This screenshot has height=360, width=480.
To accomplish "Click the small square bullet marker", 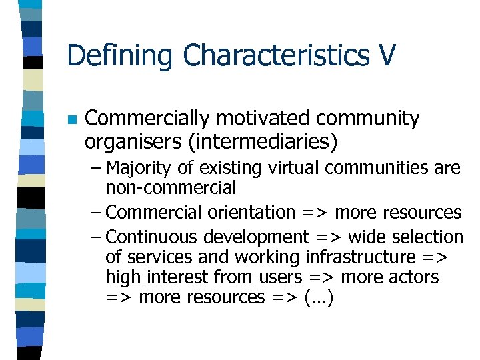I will click(72, 120).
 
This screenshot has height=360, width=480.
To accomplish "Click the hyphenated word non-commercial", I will click(171, 187).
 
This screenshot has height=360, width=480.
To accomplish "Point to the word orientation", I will click(251, 213).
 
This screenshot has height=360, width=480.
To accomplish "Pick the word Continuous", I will click(153, 237).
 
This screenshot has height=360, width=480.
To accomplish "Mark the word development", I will click(257, 237).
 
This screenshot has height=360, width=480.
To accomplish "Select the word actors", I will click(414, 277).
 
